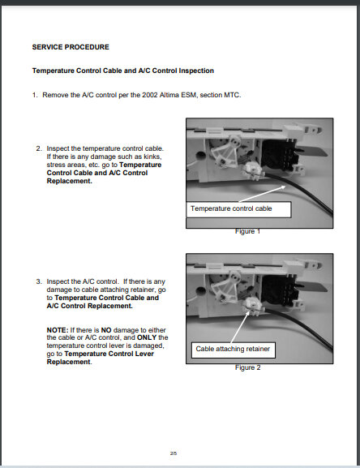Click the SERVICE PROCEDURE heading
71,47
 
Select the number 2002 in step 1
149,95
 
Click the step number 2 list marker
39,148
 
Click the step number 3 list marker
39,281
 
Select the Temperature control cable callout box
238,209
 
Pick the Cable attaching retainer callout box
234,350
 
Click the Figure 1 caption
247,231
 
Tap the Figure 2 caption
247,367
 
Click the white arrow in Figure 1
263,194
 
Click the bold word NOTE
58,330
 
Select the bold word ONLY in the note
147,337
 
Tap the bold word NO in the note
106,330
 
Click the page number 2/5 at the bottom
174,453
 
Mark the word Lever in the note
144,354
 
